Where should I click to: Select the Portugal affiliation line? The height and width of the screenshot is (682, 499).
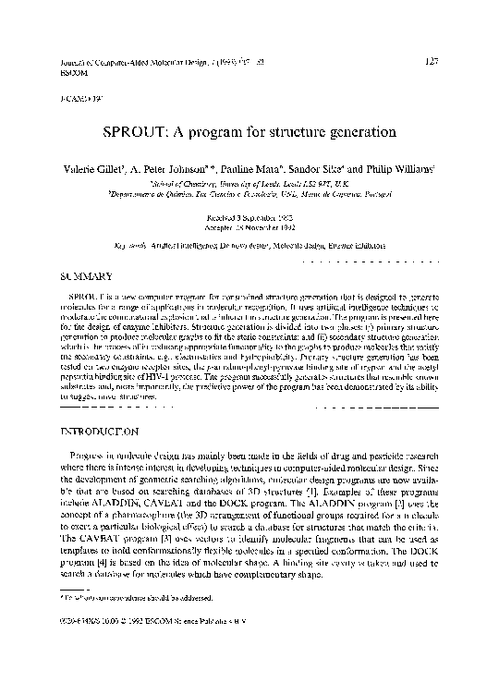coord(249,195)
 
